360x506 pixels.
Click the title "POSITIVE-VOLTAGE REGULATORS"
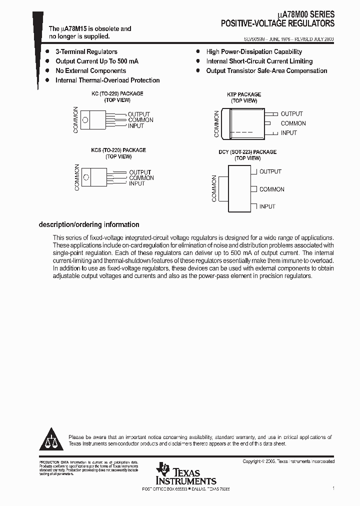pyautogui.click(x=278, y=23)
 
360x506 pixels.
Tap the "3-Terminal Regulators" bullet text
pyautogui.click(x=86, y=52)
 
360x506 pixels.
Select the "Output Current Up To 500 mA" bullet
pyautogui.click(x=96, y=61)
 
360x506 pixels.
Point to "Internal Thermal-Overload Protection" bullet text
pyautogui.click(x=107, y=80)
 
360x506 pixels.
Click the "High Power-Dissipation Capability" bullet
pyautogui.click(x=254, y=52)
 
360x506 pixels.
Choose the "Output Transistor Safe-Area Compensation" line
pyautogui.click(x=266, y=71)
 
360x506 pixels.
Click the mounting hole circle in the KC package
pyautogui.click(x=85, y=119)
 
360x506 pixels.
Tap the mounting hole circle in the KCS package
pyautogui.click(x=87, y=177)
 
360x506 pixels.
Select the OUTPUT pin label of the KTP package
pyautogui.click(x=291, y=114)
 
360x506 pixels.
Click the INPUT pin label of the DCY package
pyautogui.click(x=267, y=206)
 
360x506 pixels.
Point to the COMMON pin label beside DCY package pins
pyautogui.click(x=271, y=189)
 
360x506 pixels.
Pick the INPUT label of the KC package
pyautogui.click(x=135, y=126)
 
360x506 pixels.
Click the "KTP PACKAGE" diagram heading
pyautogui.click(x=244, y=94)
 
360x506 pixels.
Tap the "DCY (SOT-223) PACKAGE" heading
pyautogui.click(x=247, y=152)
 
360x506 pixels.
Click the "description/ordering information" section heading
pyautogui.click(x=89, y=225)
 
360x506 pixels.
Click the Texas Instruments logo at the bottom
pyautogui.click(x=185, y=473)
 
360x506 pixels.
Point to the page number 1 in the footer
pyautogui.click(x=333, y=487)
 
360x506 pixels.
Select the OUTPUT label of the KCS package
pyautogui.click(x=140, y=172)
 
